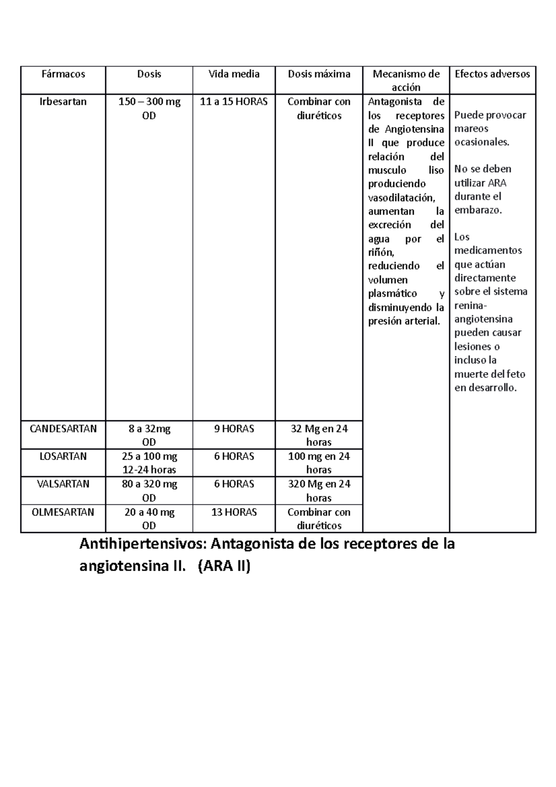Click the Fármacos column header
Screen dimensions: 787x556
click(63, 74)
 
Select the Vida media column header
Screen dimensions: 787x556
click(234, 74)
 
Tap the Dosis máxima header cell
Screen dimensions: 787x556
click(319, 74)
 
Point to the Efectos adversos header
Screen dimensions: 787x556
click(492, 74)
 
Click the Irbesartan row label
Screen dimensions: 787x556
click(63, 102)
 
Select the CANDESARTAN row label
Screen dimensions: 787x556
click(63, 429)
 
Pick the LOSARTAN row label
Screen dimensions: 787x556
click(63, 457)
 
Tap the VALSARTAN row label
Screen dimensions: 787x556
click(63, 484)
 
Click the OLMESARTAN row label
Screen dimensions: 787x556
click(63, 512)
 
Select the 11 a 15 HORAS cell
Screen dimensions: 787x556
click(234, 102)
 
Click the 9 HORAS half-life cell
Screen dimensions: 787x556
click(234, 429)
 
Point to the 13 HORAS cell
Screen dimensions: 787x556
click(234, 512)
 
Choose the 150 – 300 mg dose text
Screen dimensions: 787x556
click(149, 102)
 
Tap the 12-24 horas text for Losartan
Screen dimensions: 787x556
click(149, 470)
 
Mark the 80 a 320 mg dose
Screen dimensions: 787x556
click(149, 484)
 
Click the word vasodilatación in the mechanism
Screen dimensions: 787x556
click(402, 198)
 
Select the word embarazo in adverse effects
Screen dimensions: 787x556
click(478, 210)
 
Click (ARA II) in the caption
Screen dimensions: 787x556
click(224, 566)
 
